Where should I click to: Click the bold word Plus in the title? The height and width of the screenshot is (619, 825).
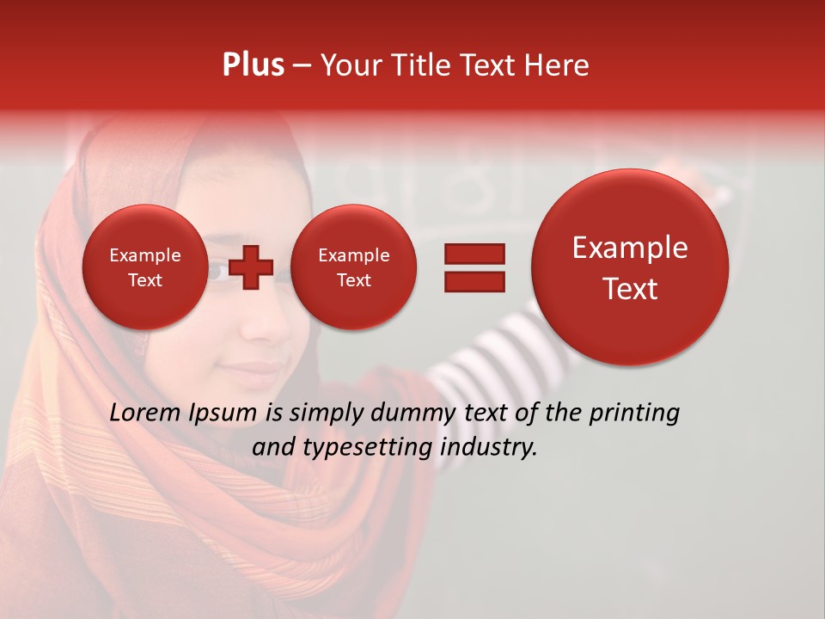coord(253,65)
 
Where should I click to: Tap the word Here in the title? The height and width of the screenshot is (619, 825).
coord(557,65)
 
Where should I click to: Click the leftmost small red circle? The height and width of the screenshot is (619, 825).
coord(144,267)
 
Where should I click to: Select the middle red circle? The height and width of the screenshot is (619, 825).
coord(353,267)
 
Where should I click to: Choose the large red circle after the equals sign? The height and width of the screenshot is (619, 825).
coord(630,267)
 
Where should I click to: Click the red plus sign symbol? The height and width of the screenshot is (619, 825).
coord(251,267)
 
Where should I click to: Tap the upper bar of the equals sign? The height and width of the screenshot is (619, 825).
coord(474,254)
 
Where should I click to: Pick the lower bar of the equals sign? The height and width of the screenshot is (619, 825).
coord(474,281)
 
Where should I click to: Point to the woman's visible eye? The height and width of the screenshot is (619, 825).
coord(217,273)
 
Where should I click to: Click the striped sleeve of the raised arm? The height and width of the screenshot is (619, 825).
coord(481,361)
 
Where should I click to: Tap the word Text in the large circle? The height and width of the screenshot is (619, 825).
coord(630,289)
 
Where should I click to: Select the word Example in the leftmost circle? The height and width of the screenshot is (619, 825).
coord(144,255)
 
